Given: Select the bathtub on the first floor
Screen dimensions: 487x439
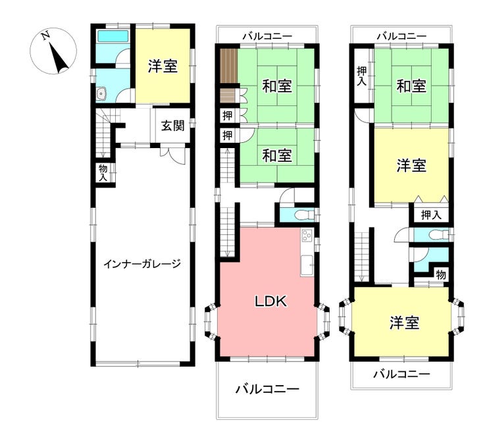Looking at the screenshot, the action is tap(113, 36).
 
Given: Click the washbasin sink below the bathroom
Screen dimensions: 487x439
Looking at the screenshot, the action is tap(101, 94).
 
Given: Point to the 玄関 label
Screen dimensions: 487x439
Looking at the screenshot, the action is tap(172, 126).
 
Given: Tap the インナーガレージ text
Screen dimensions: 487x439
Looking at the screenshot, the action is tap(142, 264).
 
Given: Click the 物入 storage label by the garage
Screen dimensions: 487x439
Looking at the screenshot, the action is tap(103, 173).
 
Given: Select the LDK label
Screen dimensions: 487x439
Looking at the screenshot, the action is tap(270, 301).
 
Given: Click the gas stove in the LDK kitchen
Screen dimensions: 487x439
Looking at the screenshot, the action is tap(307, 235).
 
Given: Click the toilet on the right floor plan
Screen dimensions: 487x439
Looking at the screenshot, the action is tap(436, 234).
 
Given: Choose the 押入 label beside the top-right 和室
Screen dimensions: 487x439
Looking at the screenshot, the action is tap(361, 76).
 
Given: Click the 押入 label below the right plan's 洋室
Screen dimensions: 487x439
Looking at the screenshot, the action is tap(431, 215).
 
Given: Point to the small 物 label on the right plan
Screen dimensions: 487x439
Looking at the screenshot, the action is tap(441, 275).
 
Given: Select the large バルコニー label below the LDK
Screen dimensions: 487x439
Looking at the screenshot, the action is tap(267, 389).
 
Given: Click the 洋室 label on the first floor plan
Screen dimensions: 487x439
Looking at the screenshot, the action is tap(163, 66).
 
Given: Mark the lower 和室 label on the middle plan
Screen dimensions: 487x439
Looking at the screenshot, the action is tap(277, 155).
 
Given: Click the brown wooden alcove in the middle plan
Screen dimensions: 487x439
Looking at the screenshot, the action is tap(229, 66).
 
